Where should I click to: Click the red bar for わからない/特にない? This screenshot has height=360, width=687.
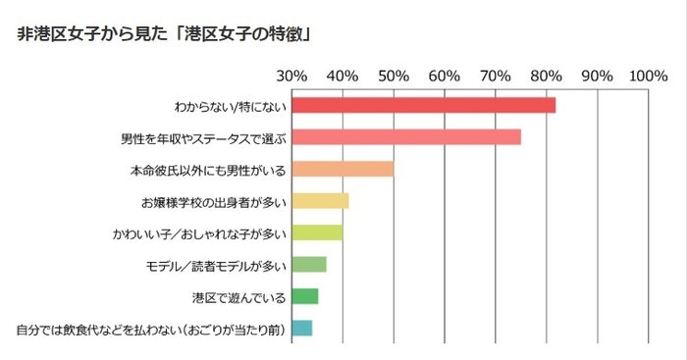423,106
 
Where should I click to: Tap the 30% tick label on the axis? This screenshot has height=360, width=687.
291,76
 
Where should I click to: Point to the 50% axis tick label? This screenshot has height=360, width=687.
394,76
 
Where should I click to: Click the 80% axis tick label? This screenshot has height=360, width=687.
547,76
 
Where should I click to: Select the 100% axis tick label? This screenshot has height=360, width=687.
649,76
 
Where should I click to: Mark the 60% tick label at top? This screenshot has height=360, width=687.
445,76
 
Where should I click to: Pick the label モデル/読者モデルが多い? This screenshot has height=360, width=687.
215,265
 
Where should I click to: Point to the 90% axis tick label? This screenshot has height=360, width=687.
598,76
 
